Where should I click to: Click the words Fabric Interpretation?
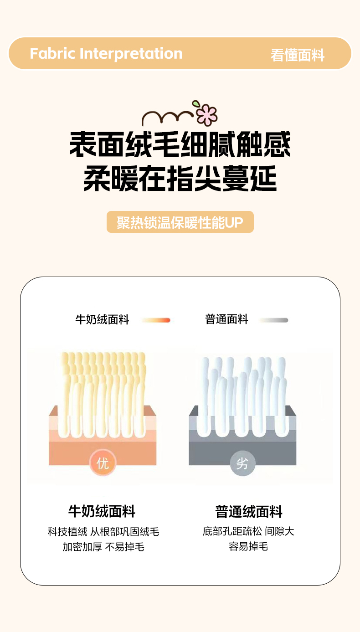click(106, 54)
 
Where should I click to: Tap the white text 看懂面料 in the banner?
click(298, 55)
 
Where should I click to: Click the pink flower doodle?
click(207, 115)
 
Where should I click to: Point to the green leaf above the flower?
click(195, 104)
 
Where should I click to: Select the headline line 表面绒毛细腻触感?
click(180, 144)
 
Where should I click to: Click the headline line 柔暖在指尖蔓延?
click(180, 178)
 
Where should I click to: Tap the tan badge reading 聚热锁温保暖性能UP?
click(180, 222)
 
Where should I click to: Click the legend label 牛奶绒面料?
click(102, 320)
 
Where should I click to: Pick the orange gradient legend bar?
click(156, 320)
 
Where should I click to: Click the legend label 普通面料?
click(226, 319)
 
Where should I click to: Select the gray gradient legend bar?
click(274, 320)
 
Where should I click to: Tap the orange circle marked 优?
click(103, 463)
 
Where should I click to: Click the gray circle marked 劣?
click(242, 463)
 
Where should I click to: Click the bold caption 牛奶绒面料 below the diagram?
click(102, 511)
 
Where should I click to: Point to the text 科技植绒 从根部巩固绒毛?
click(103, 532)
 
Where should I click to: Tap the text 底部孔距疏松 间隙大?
click(248, 532)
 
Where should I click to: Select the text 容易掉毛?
click(248, 547)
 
